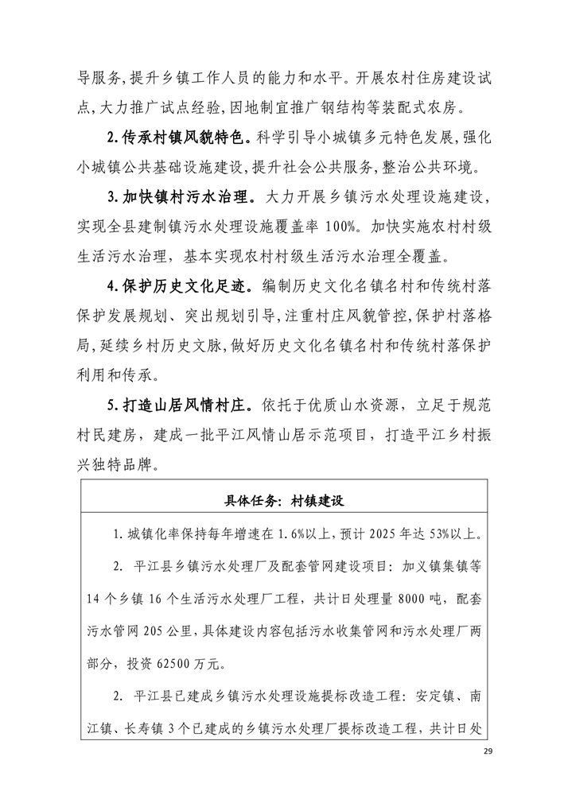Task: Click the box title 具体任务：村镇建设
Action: point(283,501)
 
